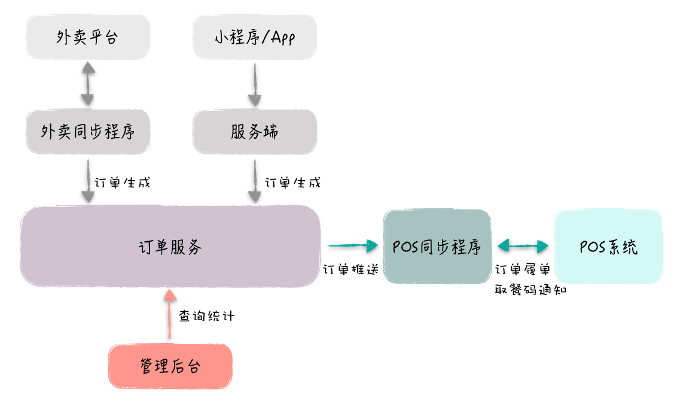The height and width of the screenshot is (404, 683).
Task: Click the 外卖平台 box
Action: coord(87,38)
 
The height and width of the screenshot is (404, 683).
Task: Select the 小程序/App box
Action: coord(254,38)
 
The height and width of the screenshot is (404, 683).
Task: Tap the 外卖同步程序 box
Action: coord(87,132)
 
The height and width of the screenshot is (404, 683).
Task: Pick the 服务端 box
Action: coord(254,132)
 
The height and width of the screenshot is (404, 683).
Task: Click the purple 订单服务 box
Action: coord(170,246)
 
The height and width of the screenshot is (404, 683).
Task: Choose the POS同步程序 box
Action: coord(437,246)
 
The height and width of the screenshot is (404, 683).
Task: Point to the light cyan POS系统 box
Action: coord(608,246)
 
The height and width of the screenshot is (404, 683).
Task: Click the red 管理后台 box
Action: coord(170,366)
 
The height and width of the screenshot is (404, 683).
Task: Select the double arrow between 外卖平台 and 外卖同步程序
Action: coord(88,84)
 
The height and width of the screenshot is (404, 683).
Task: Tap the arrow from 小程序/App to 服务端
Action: coord(255,84)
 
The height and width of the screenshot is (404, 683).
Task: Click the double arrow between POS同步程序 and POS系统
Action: coord(523,245)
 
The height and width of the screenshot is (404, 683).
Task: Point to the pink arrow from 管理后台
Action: coord(170,314)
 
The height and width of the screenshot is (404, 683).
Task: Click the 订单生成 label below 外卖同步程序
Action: coord(123,182)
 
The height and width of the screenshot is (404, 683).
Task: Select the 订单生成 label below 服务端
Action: coord(292,182)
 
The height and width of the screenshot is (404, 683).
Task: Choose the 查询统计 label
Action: coord(207,316)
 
